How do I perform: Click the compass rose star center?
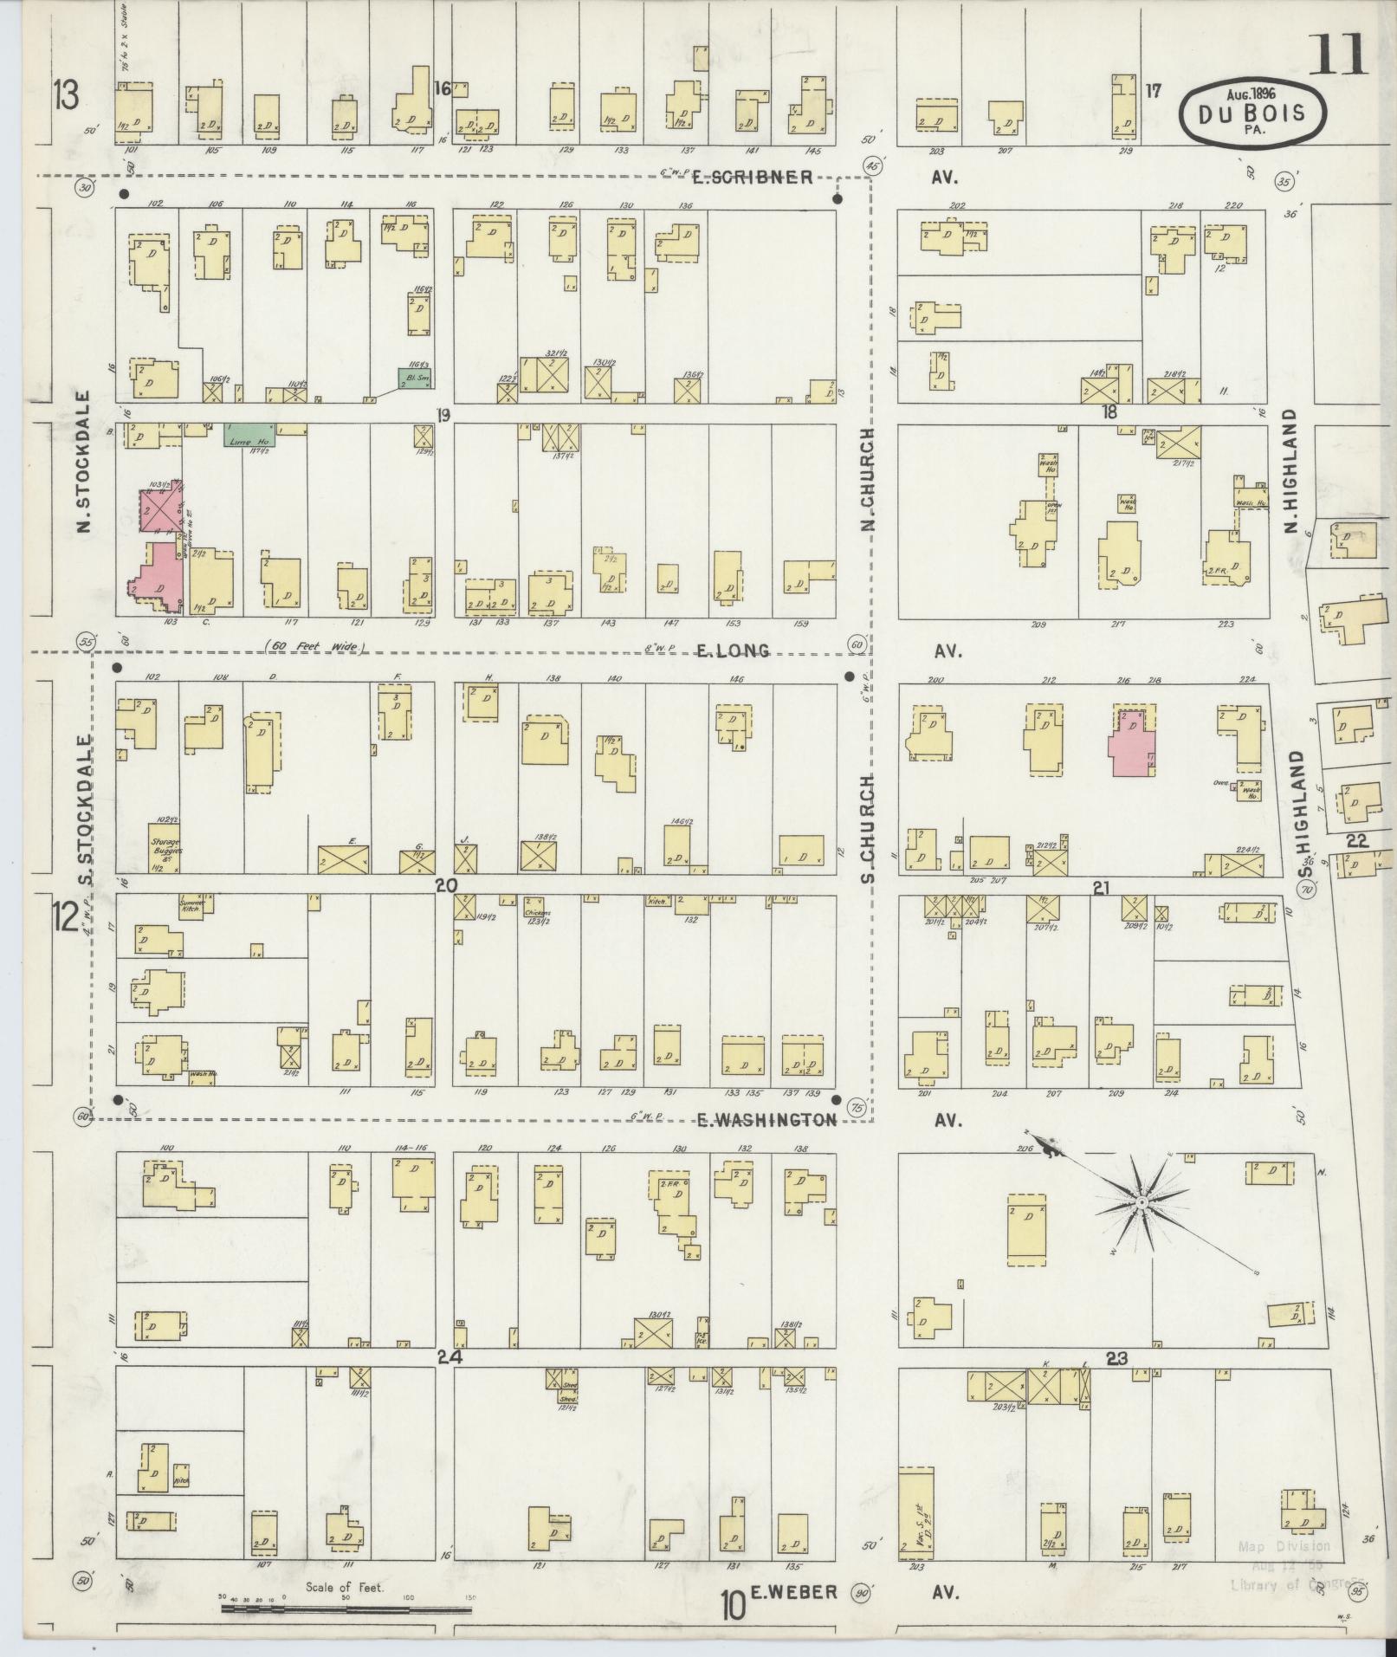(x=1142, y=1204)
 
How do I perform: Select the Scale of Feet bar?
(x=346, y=1609)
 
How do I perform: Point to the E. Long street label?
(x=733, y=651)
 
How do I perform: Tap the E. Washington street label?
(x=767, y=1120)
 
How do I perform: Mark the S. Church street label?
(x=870, y=828)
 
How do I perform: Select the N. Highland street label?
(x=1290, y=471)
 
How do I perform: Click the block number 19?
(x=443, y=415)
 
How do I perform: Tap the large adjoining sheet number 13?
(x=65, y=94)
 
